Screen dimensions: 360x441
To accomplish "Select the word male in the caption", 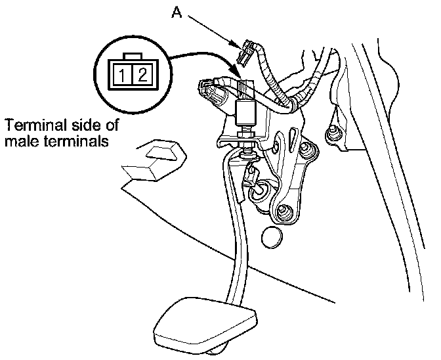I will point(18,141).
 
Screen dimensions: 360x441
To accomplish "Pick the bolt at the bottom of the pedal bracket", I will point(284,212).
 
